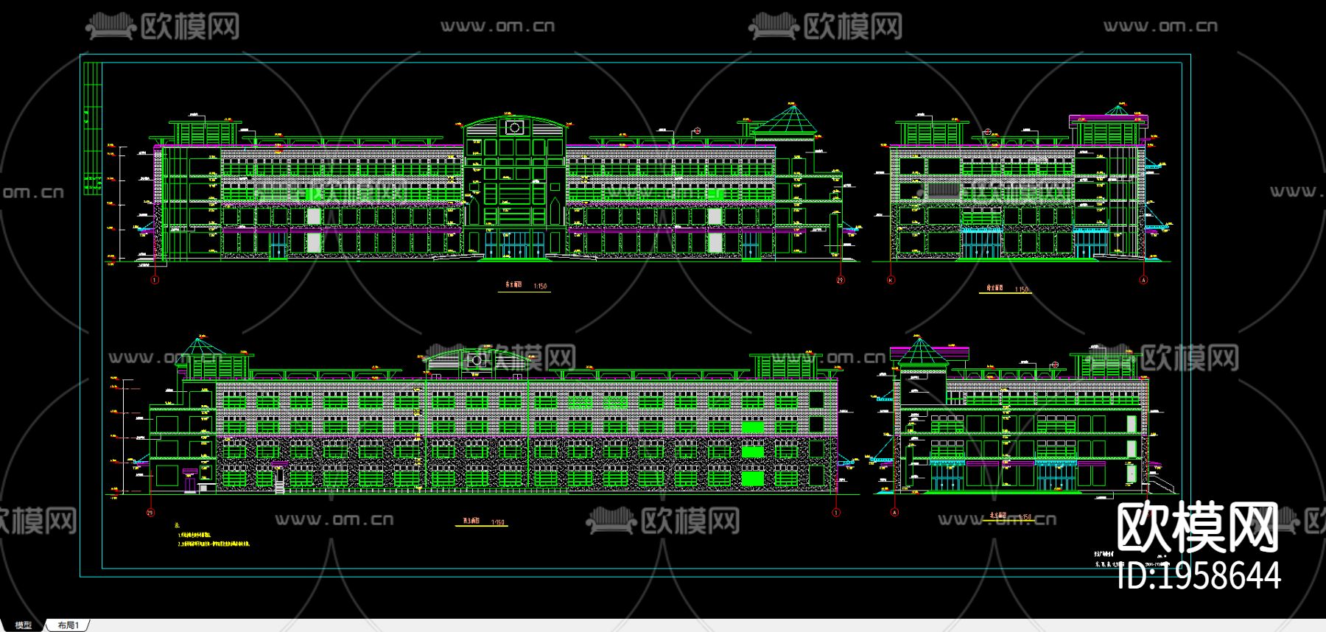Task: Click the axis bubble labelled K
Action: [891, 280]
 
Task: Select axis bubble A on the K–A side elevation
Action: [1144, 280]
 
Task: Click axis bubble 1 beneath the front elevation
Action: [155, 280]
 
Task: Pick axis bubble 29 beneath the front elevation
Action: [841, 280]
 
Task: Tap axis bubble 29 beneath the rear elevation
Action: [150, 513]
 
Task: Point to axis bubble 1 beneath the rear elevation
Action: [835, 513]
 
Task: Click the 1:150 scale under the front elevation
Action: [540, 287]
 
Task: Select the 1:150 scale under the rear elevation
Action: [498, 522]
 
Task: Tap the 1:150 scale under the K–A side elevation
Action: [1021, 289]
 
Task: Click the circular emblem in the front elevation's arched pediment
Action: [514, 128]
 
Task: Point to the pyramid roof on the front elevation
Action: [791, 120]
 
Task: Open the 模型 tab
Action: [24, 625]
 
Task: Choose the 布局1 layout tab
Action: [68, 625]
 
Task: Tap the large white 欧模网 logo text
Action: [1197, 527]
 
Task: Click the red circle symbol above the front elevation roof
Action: [697, 131]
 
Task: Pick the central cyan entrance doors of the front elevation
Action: [514, 245]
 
